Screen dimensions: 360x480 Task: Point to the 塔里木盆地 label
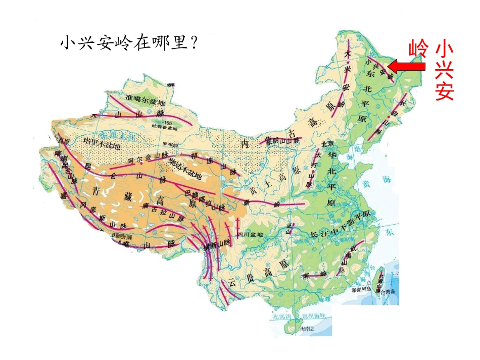point(102,143)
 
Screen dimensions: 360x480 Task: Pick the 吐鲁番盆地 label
point(168,128)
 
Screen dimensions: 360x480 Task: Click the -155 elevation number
point(167,123)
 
